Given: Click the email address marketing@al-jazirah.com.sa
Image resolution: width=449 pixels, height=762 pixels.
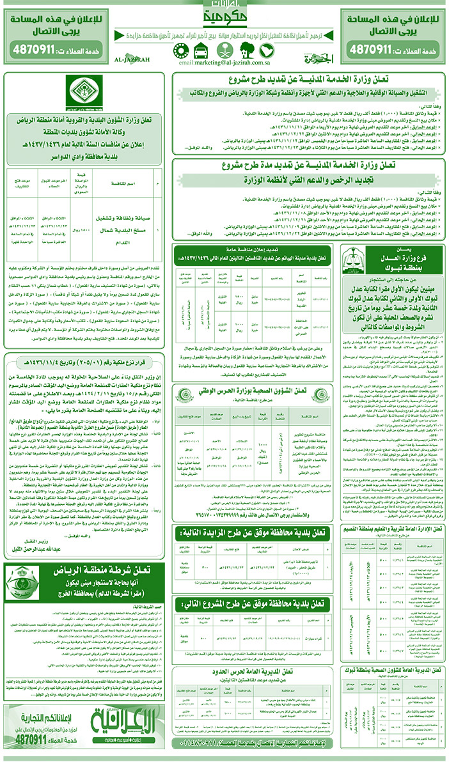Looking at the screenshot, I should click(224, 64).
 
